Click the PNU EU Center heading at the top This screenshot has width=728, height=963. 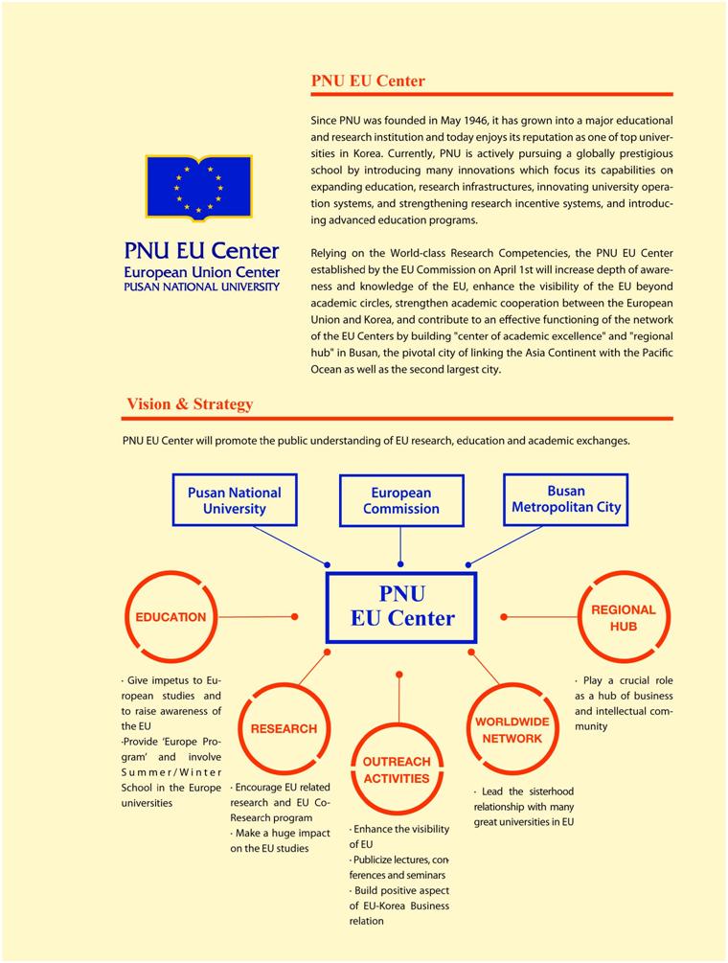point(368,81)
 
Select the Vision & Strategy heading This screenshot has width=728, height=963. point(190,404)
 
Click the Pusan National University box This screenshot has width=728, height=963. point(234,500)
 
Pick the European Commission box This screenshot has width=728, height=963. point(400,500)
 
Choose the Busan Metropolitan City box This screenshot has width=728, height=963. point(565,499)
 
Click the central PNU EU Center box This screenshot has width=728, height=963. point(401,606)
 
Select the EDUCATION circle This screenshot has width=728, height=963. point(171,617)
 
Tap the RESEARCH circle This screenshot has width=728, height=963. point(284,728)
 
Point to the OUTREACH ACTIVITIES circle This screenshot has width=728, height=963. point(396,769)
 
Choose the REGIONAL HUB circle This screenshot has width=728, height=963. point(623,617)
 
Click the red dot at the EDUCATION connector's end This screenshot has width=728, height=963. point(294,616)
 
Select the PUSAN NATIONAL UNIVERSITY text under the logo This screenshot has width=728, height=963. point(201,287)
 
